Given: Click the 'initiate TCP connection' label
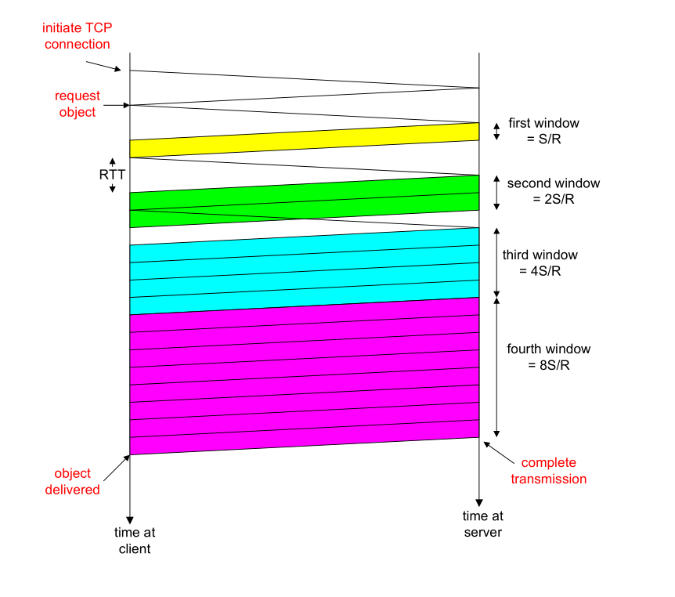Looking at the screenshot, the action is pyautogui.click(x=78, y=36).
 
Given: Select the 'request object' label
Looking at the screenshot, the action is pyautogui.click(x=78, y=103).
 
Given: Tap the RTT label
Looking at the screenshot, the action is pyautogui.click(x=112, y=175).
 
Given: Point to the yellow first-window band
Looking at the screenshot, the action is pyautogui.click(x=304, y=140).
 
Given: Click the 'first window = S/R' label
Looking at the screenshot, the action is pyautogui.click(x=543, y=131).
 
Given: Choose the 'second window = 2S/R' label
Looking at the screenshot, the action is pyautogui.click(x=553, y=191).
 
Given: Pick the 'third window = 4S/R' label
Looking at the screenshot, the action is pyautogui.click(x=540, y=263).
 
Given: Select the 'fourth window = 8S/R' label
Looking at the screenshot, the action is pyautogui.click(x=548, y=357).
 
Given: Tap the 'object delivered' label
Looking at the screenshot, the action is pyautogui.click(x=78, y=481).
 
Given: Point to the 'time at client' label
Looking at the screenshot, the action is pyautogui.click(x=135, y=541).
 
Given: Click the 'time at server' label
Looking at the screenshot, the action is pyautogui.click(x=482, y=523).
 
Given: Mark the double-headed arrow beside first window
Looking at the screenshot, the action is pyautogui.click(x=496, y=132).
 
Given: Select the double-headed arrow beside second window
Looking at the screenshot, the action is pyautogui.click(x=496, y=192).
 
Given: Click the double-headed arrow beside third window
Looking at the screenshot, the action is pyautogui.click(x=496, y=262).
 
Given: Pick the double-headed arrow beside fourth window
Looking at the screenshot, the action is pyautogui.click(x=496, y=367).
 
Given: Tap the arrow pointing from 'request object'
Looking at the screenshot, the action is pyautogui.click(x=115, y=105).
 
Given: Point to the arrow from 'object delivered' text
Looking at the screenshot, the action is pyautogui.click(x=115, y=465).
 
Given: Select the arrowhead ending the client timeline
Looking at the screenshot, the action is pyautogui.click(x=129, y=517).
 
